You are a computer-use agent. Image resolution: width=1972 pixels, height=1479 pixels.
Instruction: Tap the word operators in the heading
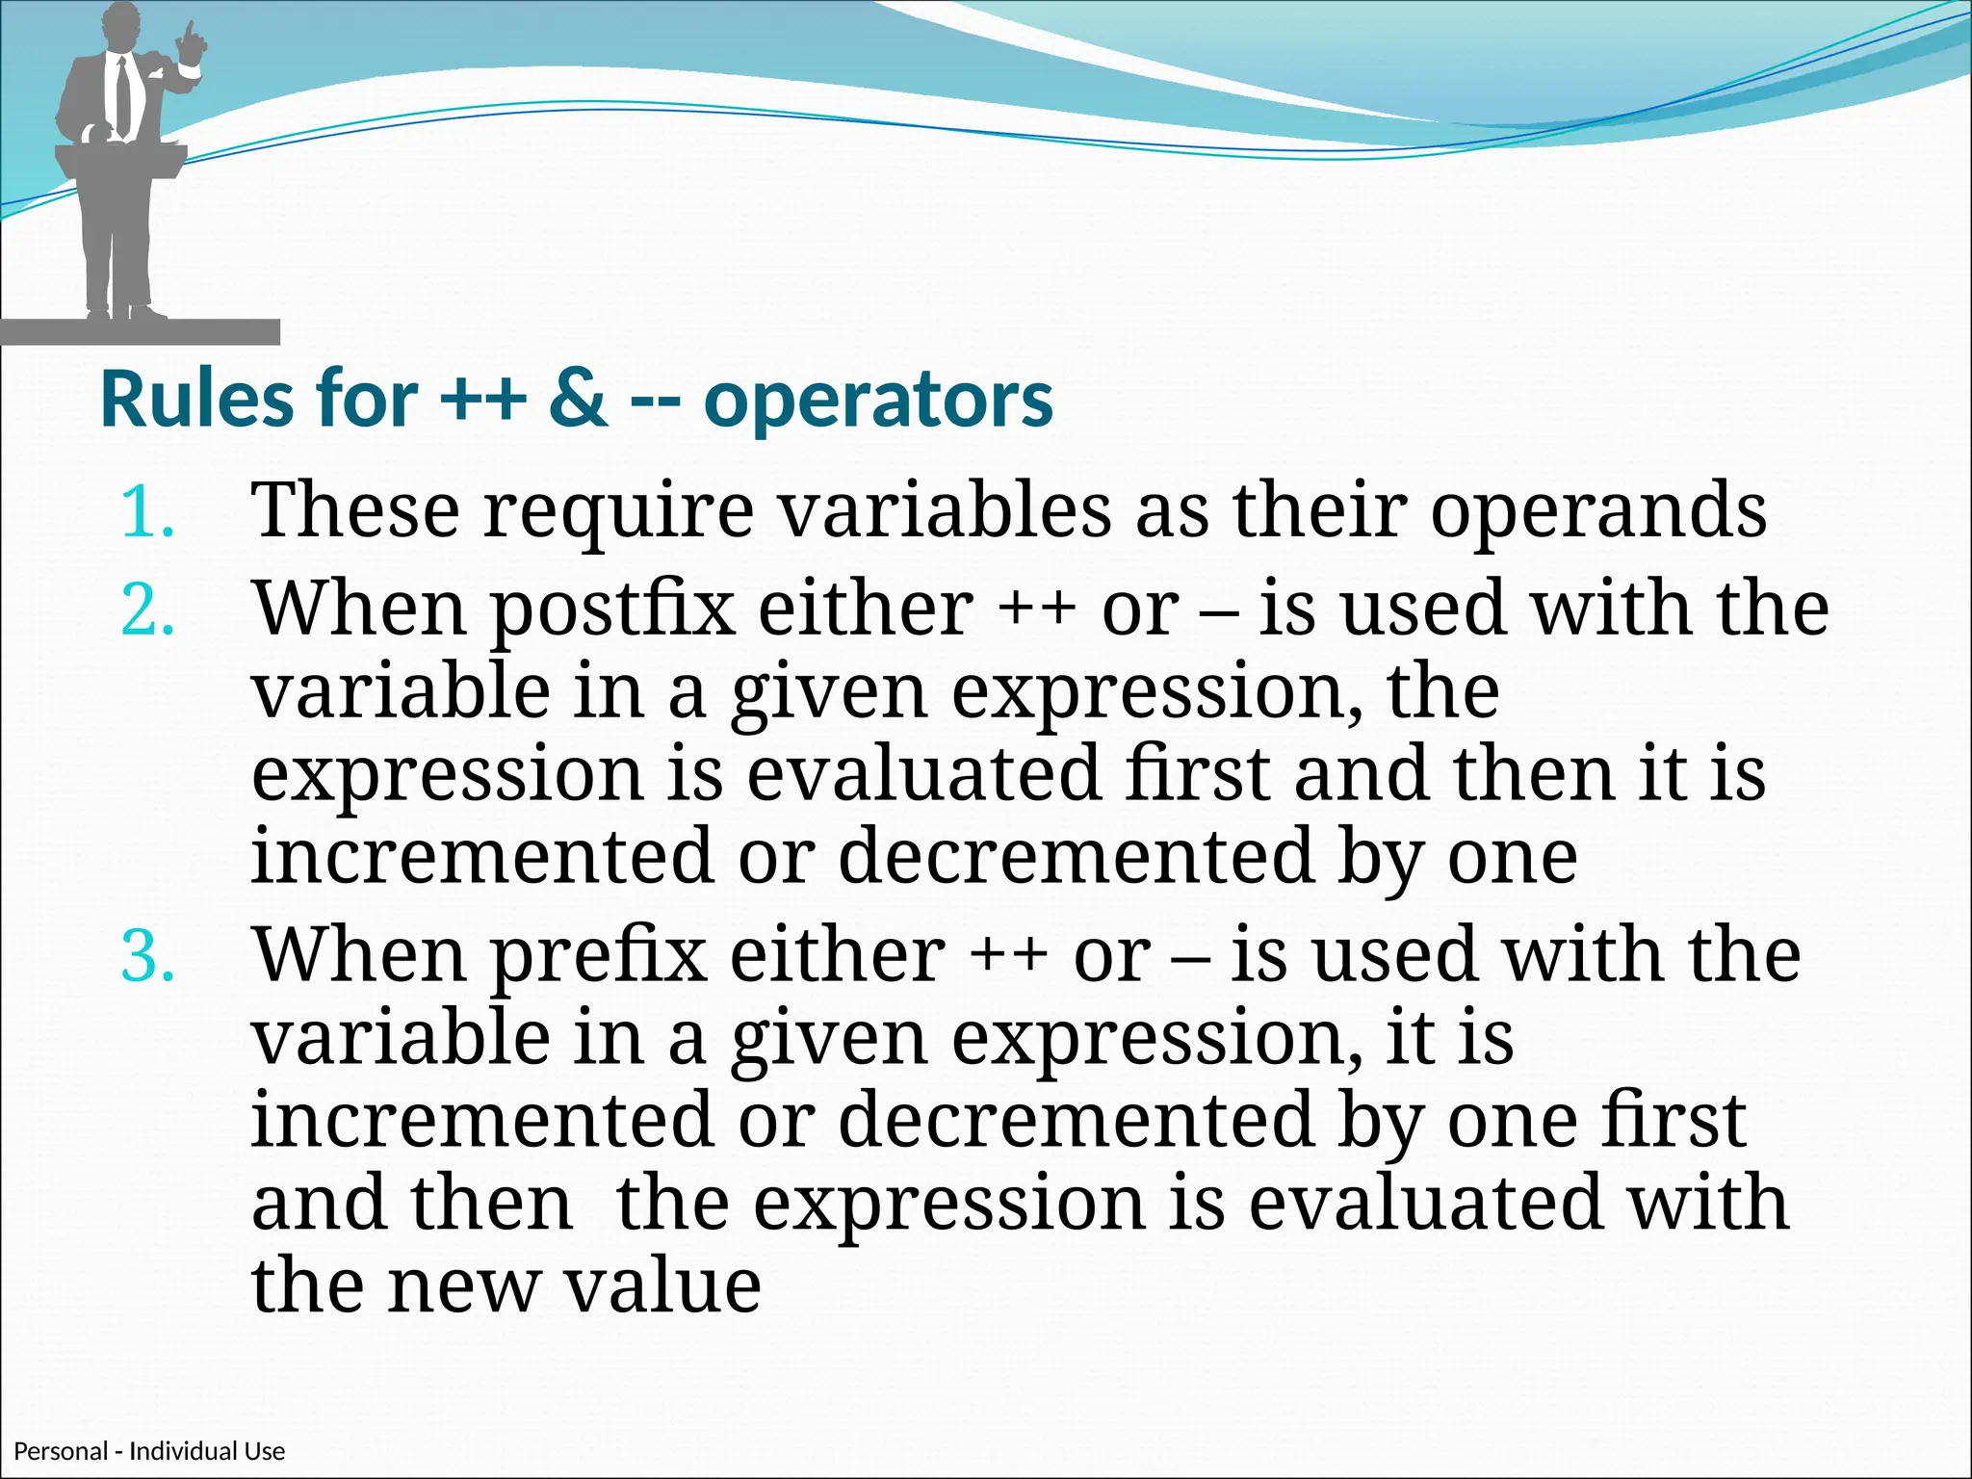(x=878, y=402)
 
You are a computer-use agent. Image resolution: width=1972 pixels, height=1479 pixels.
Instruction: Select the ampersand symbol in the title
(x=578, y=400)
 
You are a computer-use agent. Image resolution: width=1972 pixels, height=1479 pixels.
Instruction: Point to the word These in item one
(x=356, y=510)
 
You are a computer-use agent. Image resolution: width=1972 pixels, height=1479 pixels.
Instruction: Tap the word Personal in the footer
(x=61, y=1451)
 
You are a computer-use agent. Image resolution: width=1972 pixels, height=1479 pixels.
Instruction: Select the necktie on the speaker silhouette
(x=122, y=96)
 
